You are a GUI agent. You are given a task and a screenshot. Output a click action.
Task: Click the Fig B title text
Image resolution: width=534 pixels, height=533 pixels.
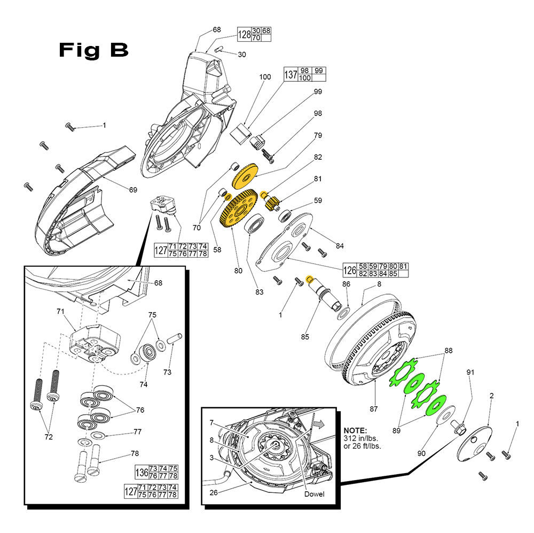pos(93,50)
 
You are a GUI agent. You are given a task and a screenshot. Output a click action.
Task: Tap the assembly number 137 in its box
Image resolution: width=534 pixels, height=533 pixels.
pos(290,74)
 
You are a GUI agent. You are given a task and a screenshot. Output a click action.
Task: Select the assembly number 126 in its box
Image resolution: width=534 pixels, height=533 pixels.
pos(350,270)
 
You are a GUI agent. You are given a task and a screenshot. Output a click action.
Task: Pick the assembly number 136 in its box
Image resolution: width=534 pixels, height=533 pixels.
pos(142,472)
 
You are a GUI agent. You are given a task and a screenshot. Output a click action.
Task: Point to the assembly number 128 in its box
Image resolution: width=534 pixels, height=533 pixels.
pos(244,35)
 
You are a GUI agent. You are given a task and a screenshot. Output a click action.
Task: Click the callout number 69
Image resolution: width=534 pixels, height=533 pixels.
pos(133,190)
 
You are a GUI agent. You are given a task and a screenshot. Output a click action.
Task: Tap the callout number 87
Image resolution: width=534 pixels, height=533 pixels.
pos(373,409)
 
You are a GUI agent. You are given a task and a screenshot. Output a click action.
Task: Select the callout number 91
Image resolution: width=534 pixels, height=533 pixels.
pos(470,373)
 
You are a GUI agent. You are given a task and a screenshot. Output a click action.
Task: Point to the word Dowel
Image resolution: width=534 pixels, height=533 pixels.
pos(314,494)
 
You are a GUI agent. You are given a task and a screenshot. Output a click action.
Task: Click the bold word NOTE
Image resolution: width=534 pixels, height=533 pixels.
pos(355,430)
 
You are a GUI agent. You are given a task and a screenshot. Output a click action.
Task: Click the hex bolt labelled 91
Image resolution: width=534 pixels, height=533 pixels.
pos(458,427)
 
